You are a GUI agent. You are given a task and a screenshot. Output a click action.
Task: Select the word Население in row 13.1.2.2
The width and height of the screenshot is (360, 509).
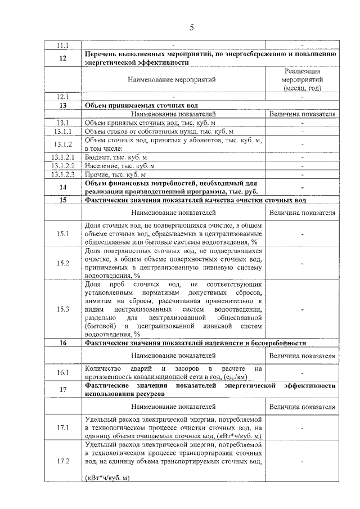pyautogui.click(x=102, y=166)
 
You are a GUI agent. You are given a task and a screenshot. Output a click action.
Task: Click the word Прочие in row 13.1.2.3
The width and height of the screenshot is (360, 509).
pyautogui.click(x=96, y=175)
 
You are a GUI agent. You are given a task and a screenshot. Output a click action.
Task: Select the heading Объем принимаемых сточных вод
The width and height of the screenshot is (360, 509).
pyautogui.click(x=140, y=105)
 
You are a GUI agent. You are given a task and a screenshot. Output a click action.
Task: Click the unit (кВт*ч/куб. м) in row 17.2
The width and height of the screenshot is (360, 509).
pyautogui.click(x=107, y=478)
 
